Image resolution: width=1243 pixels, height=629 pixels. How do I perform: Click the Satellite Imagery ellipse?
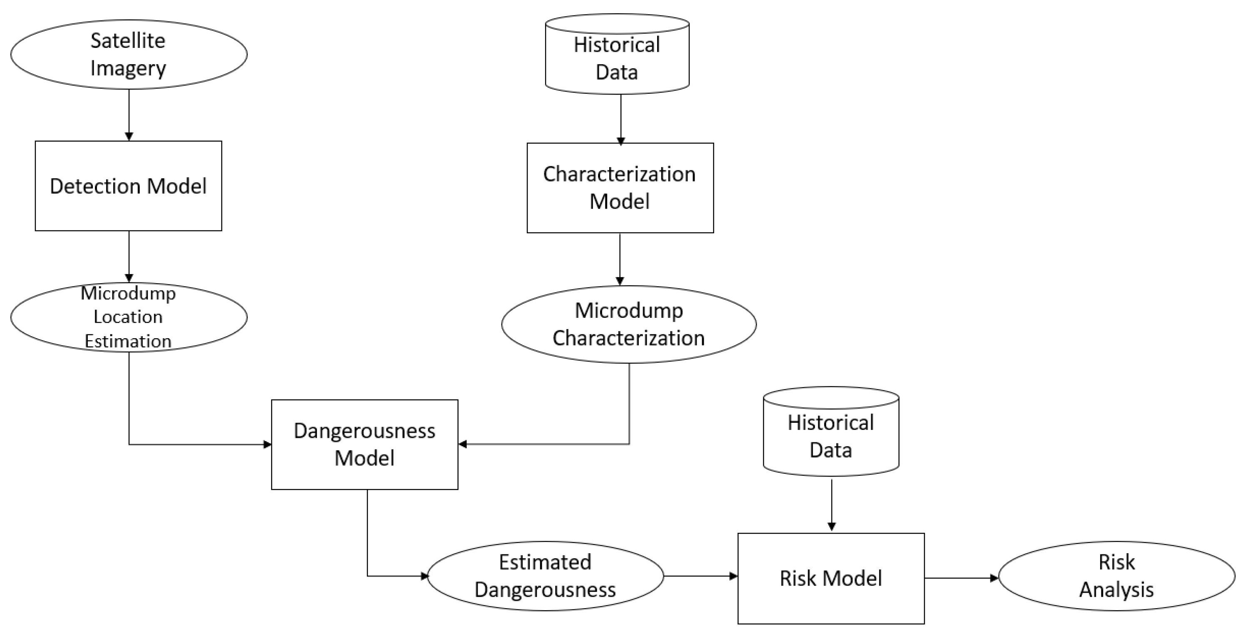coord(128,54)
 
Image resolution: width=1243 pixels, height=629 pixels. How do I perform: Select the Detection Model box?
coord(128,186)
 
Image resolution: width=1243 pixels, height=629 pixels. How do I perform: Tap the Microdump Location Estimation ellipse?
coord(128,317)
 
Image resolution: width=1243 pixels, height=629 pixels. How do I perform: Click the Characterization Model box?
coord(620,188)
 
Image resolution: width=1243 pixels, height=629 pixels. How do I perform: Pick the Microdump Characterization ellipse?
coord(629,324)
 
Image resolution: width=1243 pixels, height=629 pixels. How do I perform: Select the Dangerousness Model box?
coord(364,444)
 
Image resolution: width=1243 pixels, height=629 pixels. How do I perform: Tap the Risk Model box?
coord(831,578)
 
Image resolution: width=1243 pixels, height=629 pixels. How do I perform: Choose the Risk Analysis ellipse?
coord(1116,576)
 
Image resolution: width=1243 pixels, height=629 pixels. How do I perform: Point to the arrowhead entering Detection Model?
coord(129,137)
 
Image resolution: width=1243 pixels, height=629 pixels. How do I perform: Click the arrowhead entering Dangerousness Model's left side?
coord(267,444)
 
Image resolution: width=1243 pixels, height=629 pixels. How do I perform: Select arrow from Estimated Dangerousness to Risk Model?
coord(700,576)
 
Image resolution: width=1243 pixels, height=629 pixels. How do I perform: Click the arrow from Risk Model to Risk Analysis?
coord(960,578)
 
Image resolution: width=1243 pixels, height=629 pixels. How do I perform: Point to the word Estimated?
coord(545,562)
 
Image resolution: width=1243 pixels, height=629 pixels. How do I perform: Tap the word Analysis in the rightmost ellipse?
coord(1116,589)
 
